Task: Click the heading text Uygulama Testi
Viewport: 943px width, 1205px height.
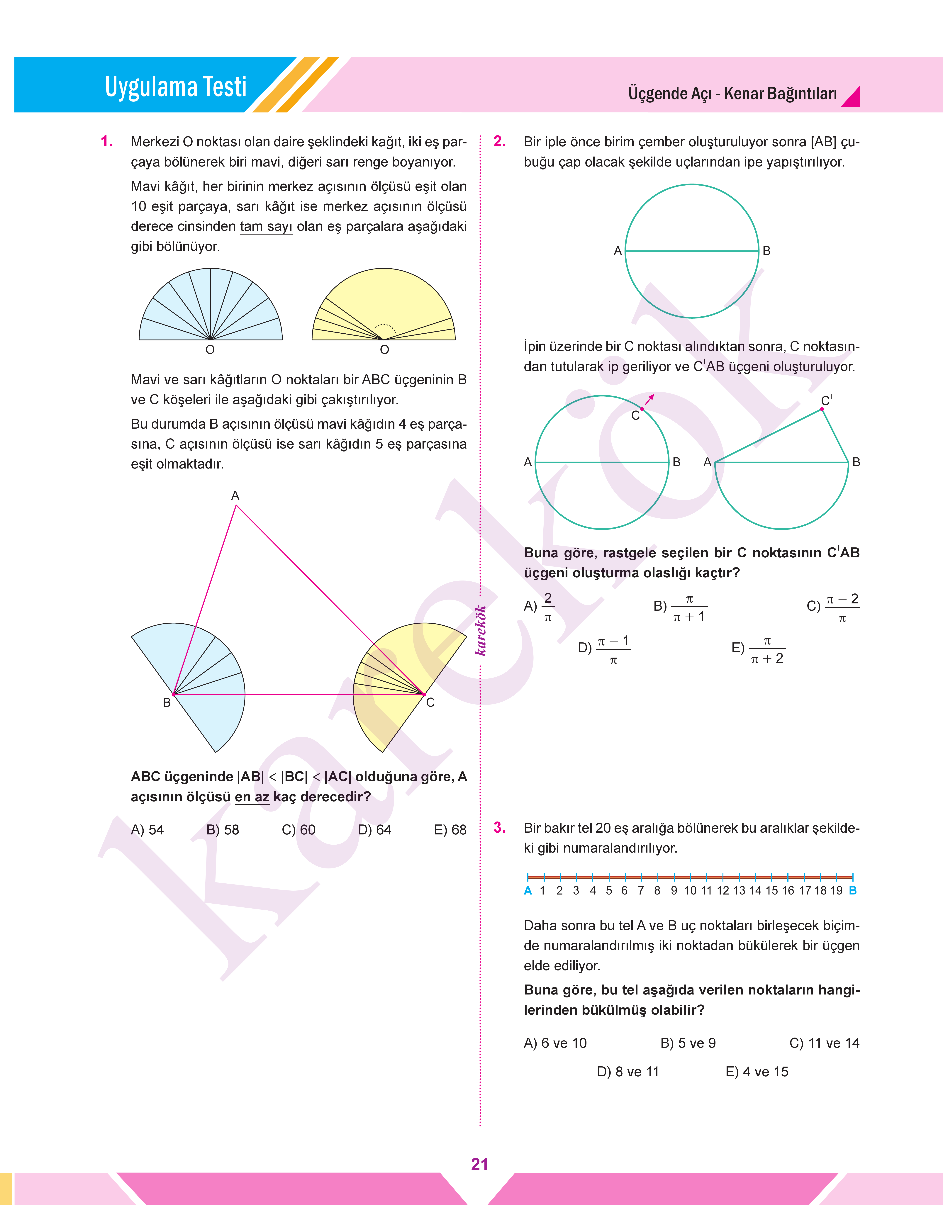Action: (176, 87)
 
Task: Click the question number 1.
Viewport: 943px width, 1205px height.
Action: (107, 142)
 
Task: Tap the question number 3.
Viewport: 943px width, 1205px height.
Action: (499, 827)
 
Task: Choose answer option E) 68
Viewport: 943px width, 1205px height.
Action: (450, 830)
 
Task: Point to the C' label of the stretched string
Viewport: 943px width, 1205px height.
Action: (826, 400)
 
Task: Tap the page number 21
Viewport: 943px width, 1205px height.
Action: (479, 1164)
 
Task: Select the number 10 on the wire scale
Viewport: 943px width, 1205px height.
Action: (690, 890)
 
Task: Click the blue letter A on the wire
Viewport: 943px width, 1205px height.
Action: (528, 890)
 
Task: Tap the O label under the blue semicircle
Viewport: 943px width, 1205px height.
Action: (210, 349)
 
